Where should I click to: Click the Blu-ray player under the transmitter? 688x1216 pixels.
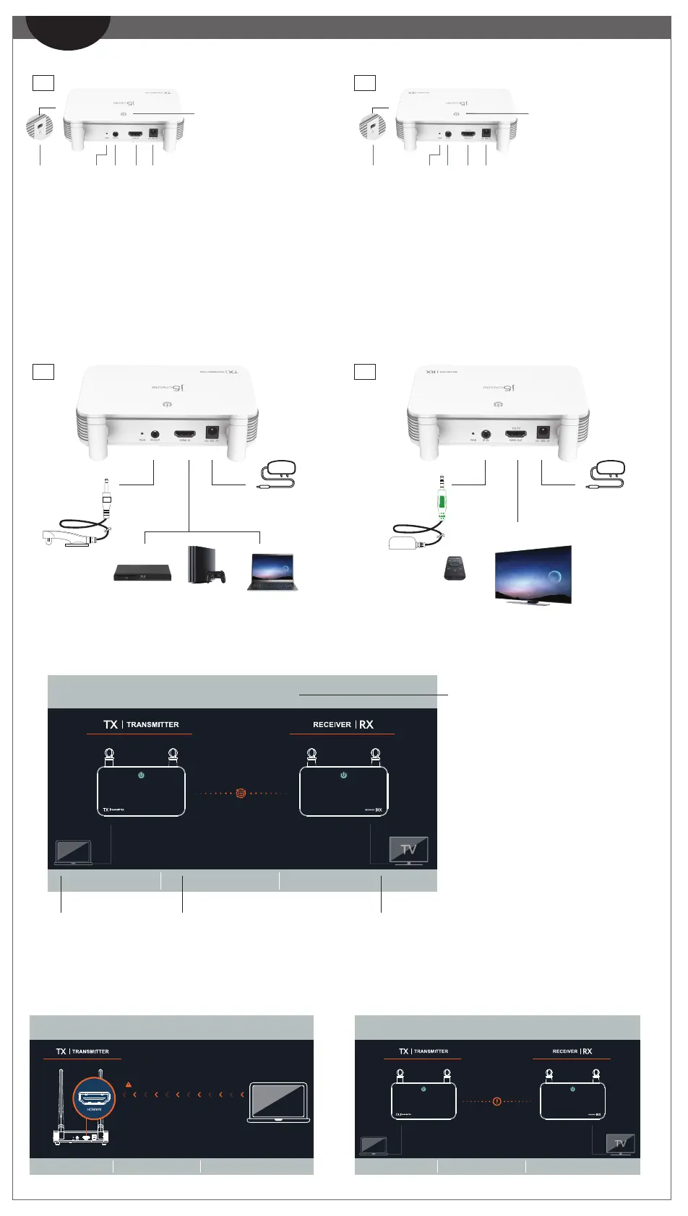click(x=142, y=573)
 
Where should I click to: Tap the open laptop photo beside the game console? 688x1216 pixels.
click(x=272, y=572)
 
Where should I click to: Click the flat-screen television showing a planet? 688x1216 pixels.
click(x=533, y=575)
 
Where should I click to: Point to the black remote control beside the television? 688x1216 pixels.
click(x=455, y=568)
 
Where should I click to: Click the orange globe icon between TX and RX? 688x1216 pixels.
click(x=241, y=793)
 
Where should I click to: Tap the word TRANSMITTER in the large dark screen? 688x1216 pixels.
click(x=152, y=724)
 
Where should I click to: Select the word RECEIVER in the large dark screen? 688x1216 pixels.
click(x=332, y=724)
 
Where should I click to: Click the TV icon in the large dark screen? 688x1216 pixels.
click(x=408, y=850)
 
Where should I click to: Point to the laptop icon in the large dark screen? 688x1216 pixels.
click(x=73, y=852)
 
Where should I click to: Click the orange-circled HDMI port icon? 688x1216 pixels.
click(x=94, y=1099)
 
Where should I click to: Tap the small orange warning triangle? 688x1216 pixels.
click(x=129, y=1085)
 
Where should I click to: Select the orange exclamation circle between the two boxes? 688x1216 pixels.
click(x=496, y=1101)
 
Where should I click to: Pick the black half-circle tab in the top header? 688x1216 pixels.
click(x=68, y=33)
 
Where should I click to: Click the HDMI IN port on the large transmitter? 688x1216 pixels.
click(x=184, y=436)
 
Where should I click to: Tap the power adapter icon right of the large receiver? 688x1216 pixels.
click(x=608, y=475)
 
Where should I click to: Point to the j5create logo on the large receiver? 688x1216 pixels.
click(x=497, y=388)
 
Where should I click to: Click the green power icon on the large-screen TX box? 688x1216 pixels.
click(x=142, y=775)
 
